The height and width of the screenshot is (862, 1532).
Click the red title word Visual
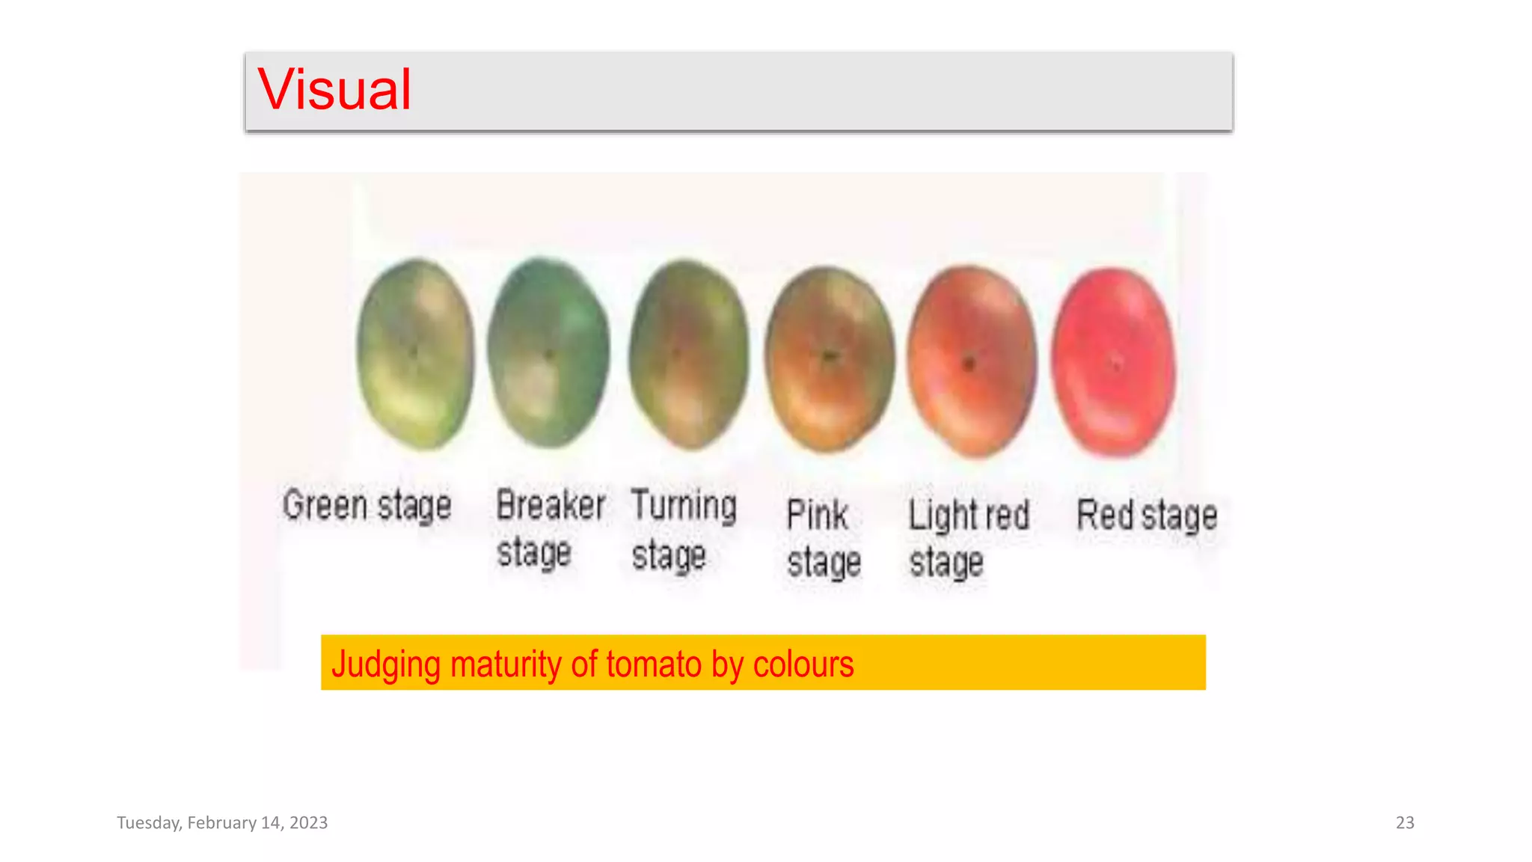point(334,90)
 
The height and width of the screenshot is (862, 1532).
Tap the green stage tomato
point(415,354)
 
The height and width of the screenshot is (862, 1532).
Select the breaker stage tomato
point(548,352)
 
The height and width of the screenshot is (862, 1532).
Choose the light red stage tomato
point(972,361)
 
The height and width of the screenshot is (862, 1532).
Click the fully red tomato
point(1113,362)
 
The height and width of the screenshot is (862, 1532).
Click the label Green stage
point(367,505)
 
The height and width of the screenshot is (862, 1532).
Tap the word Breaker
point(551,505)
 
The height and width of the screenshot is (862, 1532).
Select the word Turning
point(684,505)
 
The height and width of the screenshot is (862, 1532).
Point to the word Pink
point(817,516)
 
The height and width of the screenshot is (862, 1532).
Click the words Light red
point(969,516)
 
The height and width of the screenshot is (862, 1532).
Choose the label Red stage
point(1147,516)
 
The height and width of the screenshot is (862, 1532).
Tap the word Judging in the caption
point(386,664)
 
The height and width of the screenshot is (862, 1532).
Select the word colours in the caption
point(803,664)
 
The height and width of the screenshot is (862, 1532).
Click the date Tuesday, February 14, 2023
point(222,823)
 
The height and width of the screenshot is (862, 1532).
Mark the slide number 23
point(1405,823)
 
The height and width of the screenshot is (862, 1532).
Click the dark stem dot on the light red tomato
point(969,364)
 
